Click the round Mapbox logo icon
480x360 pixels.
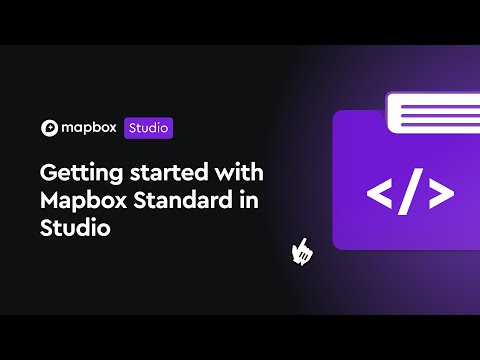48,128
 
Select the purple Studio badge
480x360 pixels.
148,128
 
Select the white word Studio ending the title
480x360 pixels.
72,228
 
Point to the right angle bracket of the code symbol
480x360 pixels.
439,193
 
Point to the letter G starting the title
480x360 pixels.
48,174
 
